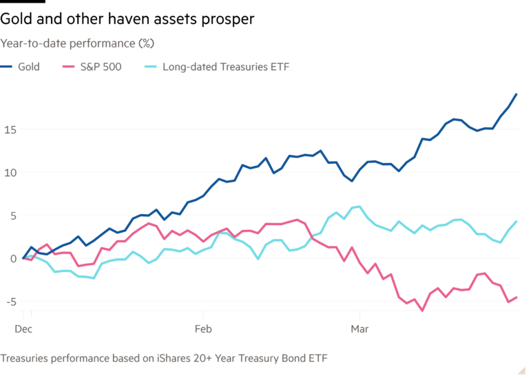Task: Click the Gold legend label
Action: (x=30, y=67)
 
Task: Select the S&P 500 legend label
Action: (x=104, y=67)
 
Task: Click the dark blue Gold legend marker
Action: (x=9, y=67)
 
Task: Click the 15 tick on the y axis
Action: (x=8, y=129)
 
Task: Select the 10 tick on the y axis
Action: (x=8, y=172)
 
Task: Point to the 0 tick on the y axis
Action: (x=5, y=259)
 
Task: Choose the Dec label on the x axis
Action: (x=23, y=330)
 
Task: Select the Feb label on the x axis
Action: (x=203, y=330)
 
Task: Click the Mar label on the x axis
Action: (x=357, y=330)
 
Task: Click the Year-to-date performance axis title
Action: (x=77, y=43)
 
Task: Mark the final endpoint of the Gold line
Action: (x=517, y=94)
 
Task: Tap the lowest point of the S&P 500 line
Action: (x=422, y=311)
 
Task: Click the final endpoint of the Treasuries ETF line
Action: (x=517, y=221)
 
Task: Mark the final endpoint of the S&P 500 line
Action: (x=517, y=297)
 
